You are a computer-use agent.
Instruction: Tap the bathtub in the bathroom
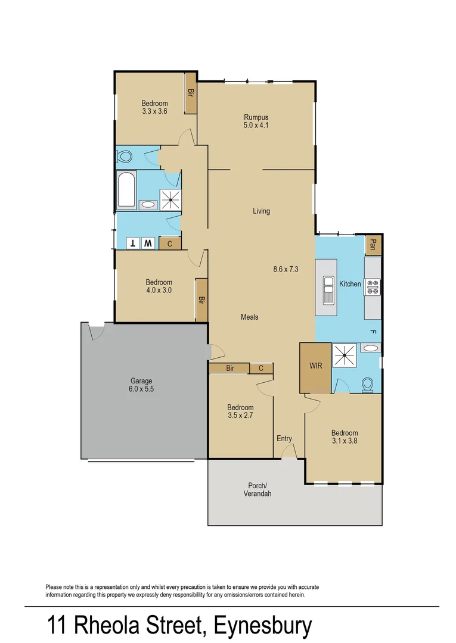pos(126,191)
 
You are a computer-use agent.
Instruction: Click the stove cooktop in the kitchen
pos(373,287)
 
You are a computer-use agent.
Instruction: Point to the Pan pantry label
pos(373,245)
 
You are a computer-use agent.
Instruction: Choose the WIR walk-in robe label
pos(316,366)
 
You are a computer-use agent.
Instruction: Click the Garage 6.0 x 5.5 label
pos(141,385)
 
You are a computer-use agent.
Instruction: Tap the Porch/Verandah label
pos(258,489)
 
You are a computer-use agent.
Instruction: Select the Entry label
pos(284,438)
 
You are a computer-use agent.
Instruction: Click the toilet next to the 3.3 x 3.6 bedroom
pos(125,157)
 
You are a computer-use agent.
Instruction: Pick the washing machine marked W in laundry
pos(148,243)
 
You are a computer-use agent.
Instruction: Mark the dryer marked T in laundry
pos(133,243)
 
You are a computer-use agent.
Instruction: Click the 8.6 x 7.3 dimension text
pos(286,270)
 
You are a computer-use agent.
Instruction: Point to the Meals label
pos(250,317)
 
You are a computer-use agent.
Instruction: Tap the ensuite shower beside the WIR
pos(345,355)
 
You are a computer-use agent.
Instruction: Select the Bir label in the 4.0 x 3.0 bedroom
pos(201,300)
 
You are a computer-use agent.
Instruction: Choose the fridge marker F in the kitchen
pos(373,332)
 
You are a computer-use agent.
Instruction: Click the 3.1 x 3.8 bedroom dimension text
pos(345,441)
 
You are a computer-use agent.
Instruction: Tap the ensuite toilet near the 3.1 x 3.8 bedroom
pos(367,385)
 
